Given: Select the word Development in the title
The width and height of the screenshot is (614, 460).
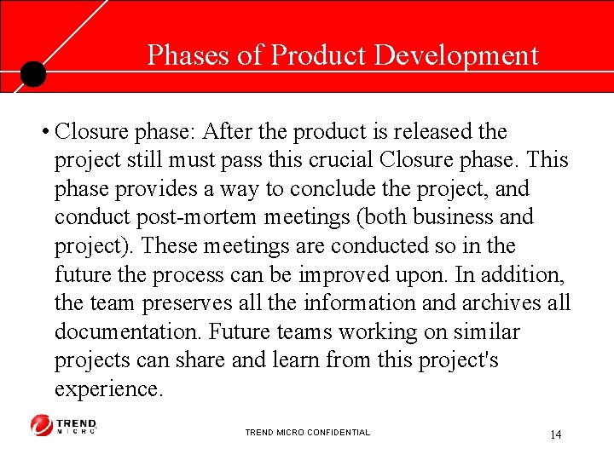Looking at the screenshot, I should tap(457, 55).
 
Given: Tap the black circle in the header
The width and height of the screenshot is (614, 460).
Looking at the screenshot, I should tap(32, 74).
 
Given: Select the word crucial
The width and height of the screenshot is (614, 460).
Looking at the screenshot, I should tap(340, 160).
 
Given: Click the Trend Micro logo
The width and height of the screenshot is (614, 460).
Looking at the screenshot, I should tap(64, 424).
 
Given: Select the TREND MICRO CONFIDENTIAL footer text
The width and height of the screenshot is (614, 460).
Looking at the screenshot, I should tap(307, 433).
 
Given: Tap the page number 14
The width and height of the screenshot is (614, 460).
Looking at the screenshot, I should tap(555, 434).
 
